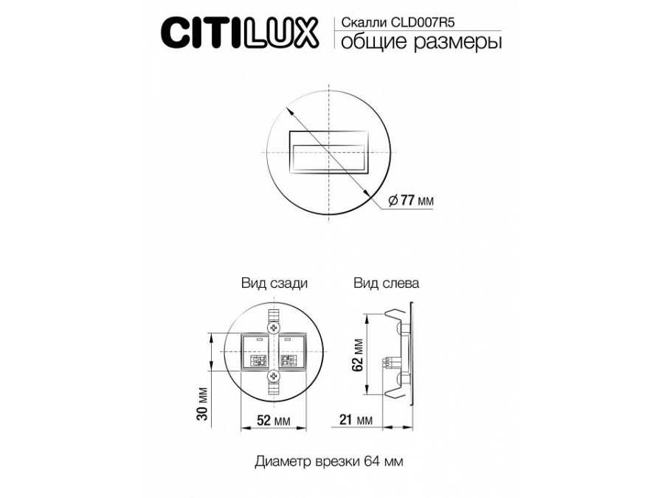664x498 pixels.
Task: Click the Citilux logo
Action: tap(240, 32)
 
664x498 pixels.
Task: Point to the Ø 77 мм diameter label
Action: tap(410, 200)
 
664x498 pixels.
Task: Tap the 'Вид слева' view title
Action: tap(387, 283)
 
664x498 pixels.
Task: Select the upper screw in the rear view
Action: tap(274, 325)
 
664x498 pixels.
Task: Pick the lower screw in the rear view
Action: tap(274, 377)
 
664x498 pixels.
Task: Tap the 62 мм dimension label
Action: tap(358, 354)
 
